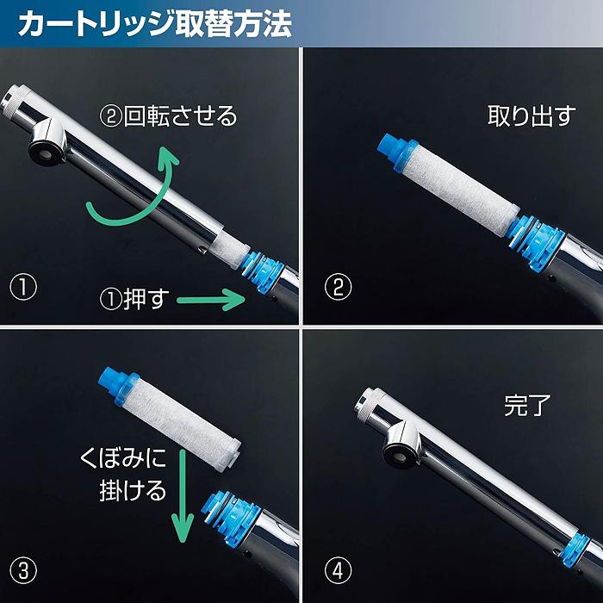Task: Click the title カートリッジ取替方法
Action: (155, 23)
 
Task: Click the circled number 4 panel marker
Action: (338, 569)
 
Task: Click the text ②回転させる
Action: (169, 115)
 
